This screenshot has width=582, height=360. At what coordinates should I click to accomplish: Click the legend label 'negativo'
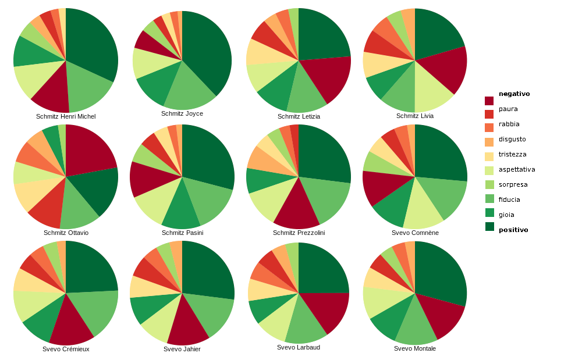514,94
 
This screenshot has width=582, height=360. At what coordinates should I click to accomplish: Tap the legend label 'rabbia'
509,124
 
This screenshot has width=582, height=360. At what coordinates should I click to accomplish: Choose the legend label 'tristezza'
512,154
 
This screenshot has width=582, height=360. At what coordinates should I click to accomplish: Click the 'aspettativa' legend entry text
516,169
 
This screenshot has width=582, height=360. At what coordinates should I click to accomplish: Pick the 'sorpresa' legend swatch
489,185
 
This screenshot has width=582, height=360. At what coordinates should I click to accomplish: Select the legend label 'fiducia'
509,199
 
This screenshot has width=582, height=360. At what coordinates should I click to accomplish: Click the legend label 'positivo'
513,230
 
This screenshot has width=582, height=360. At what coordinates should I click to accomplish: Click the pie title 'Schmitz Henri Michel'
66,116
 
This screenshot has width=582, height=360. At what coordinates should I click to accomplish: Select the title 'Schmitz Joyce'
182,113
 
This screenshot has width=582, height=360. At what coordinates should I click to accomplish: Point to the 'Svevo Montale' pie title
415,348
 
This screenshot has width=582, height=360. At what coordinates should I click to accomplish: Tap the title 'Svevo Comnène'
415,233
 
